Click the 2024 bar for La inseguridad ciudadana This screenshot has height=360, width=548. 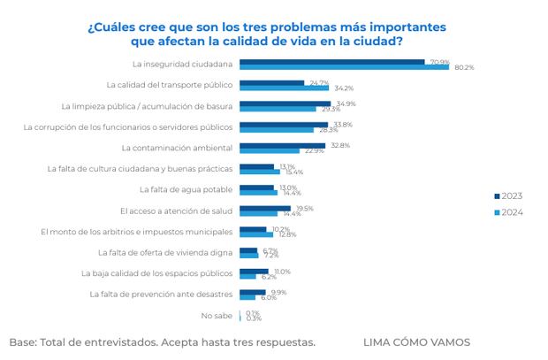click(345, 67)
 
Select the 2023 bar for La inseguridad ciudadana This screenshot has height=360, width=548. click(331, 61)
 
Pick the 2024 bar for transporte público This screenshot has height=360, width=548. click(284, 88)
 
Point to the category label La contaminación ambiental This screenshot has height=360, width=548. click(177, 148)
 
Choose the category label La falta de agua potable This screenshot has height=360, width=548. click(186, 189)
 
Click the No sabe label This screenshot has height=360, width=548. click(217, 315)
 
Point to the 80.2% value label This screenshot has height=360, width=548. click(463, 67)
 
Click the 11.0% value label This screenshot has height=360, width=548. click(282, 272)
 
